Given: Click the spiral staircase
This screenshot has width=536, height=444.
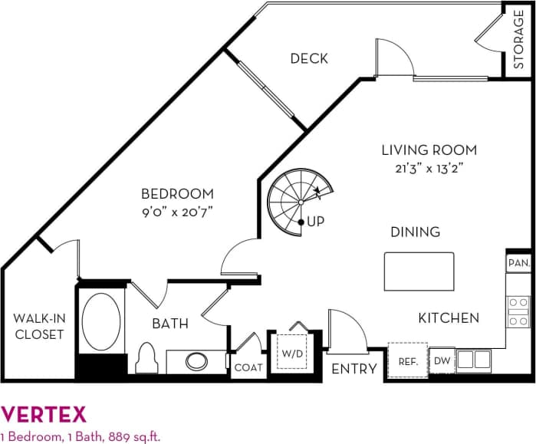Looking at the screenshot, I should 295,201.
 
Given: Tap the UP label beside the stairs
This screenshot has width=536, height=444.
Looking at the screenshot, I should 316,222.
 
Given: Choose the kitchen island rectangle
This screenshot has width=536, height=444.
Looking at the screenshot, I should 419,270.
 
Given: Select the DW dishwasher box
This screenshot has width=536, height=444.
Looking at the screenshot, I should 442,360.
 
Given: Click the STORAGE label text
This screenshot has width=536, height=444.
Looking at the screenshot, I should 519,39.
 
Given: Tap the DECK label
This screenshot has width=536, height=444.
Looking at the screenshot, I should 309,58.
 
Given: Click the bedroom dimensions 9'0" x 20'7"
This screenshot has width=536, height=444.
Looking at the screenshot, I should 176,212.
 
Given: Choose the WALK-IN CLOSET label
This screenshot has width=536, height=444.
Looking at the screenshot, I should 38,326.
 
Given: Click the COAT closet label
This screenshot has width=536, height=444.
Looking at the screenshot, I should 248,368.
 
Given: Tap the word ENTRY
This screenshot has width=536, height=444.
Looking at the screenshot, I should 354,369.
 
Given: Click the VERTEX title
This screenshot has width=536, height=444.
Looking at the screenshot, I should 44,415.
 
